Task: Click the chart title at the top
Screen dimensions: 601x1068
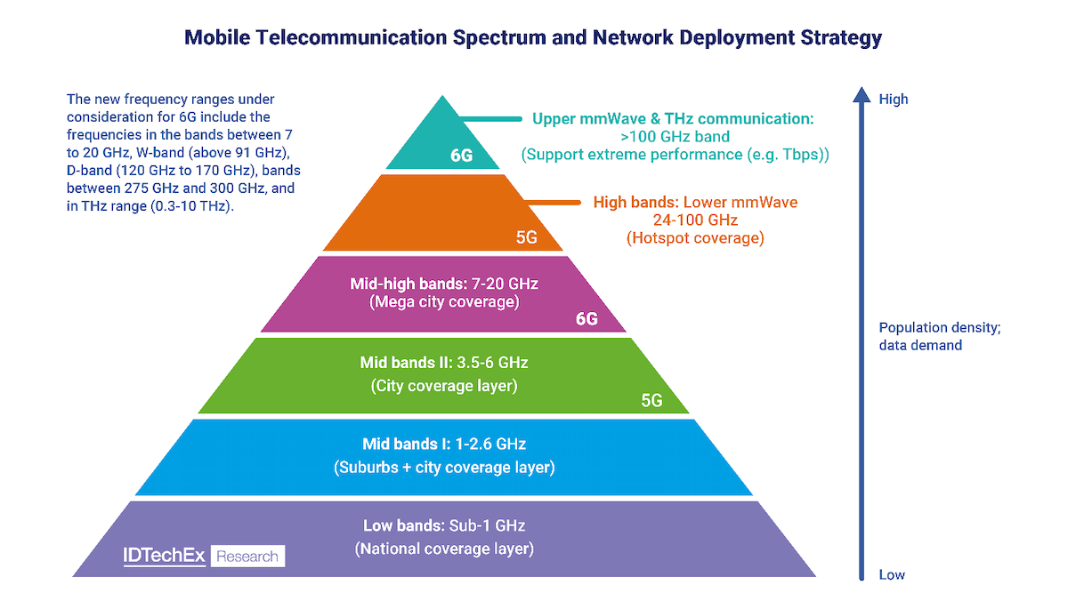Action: (x=533, y=37)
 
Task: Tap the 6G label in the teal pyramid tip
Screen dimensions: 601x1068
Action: (x=462, y=156)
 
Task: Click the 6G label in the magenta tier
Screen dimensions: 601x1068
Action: (x=587, y=319)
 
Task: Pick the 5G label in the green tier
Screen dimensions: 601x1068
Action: (x=651, y=400)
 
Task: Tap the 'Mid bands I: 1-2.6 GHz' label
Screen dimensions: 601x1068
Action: (x=444, y=445)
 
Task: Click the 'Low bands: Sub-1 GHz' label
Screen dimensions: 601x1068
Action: (x=444, y=525)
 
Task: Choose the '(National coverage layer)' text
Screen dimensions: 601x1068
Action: (x=444, y=549)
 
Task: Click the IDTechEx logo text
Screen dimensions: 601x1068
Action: (x=164, y=557)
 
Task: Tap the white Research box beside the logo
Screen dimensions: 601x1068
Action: (x=247, y=557)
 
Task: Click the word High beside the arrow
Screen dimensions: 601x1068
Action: (x=894, y=99)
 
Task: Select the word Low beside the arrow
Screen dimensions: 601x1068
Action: (x=892, y=574)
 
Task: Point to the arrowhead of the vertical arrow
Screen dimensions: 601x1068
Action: (x=860, y=94)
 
